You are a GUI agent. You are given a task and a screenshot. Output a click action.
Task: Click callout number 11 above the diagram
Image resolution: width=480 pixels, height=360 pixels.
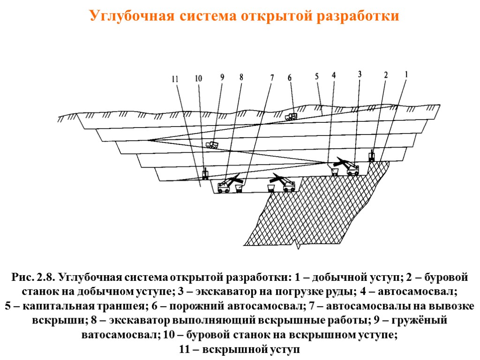click(x=175, y=79)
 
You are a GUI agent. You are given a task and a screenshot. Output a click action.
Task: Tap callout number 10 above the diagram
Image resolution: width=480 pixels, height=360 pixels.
click(x=198, y=79)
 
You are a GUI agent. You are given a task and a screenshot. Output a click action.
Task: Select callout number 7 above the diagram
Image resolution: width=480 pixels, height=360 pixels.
click(x=271, y=78)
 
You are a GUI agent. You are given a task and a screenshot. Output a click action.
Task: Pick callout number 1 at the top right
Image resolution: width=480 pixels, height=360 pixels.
click(x=406, y=74)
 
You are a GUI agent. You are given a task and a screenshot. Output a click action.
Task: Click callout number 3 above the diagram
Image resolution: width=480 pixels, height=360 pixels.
click(x=360, y=74)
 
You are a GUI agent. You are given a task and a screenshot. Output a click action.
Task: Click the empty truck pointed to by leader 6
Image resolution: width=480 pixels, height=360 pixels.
click(x=292, y=117)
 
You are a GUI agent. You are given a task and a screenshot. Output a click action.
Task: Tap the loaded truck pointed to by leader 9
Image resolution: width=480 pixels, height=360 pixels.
click(x=212, y=145)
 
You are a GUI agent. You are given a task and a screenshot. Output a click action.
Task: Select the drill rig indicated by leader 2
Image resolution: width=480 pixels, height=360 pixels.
click(x=372, y=156)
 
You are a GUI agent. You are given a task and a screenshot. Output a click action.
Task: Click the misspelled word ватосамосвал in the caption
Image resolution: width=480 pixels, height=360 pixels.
click(x=120, y=336)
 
